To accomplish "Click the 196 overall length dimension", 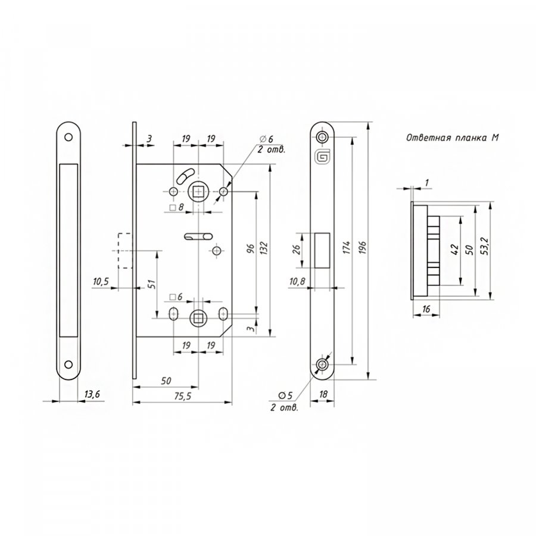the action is tap(362, 247).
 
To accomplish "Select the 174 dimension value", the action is tap(347, 247).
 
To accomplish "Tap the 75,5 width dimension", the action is tap(183, 396).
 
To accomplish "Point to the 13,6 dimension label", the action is tap(92, 394).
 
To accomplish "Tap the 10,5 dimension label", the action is tap(101, 282).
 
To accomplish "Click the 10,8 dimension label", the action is tap(297, 281).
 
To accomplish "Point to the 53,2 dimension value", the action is tap(484, 246).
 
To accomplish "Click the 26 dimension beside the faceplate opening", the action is tap(297, 250).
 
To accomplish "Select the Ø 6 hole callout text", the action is tap(267, 139).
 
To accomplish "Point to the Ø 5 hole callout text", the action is tap(286, 395).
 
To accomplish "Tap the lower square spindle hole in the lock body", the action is tap(198, 318).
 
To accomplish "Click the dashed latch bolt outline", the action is tap(125, 251).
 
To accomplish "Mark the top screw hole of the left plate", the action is tap(68, 137).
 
